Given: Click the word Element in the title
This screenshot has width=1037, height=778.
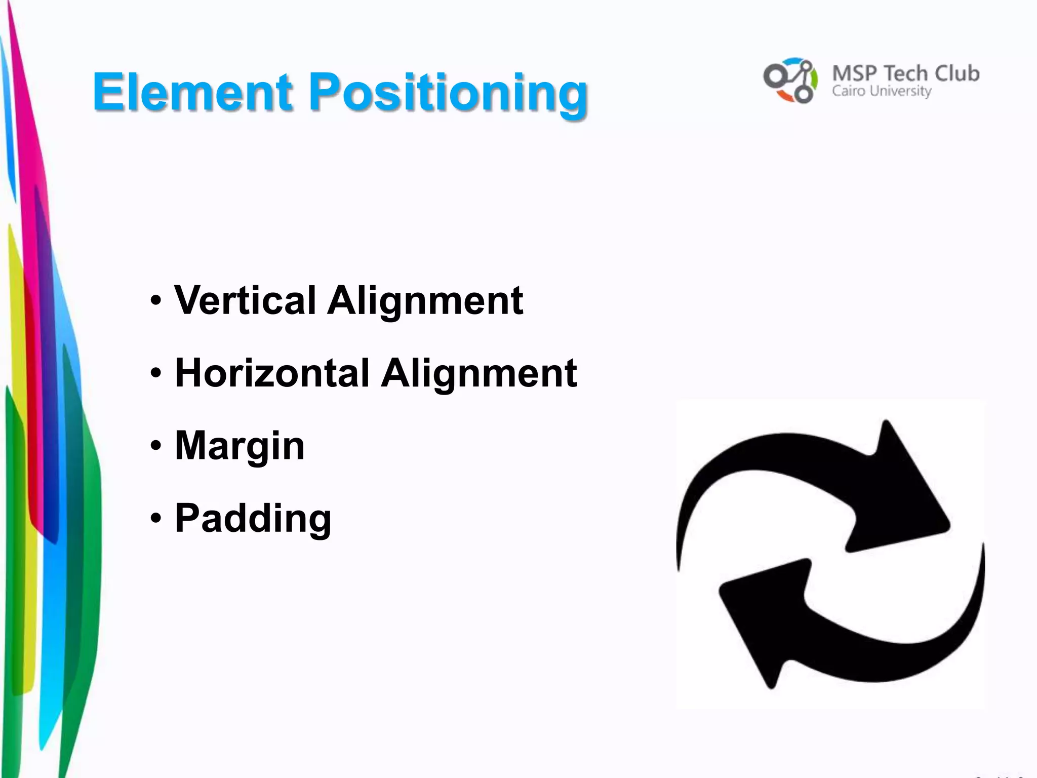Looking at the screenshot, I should click(192, 92).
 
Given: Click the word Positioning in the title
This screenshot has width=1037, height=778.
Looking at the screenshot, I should click(449, 94).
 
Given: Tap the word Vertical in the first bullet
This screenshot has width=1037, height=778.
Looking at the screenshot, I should click(245, 300).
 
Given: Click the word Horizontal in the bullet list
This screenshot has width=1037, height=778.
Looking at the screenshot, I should click(272, 373).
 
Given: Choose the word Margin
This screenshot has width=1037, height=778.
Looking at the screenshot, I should click(240, 447).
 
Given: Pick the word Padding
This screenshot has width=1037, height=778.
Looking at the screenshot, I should click(253, 519).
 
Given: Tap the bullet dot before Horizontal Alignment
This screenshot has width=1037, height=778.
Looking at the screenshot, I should click(156, 373).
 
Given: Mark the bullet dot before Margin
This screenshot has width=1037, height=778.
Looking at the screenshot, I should click(156, 446).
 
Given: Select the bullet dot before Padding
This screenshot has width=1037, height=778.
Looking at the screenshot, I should click(156, 518).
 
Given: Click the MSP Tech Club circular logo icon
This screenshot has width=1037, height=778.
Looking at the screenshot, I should click(790, 81).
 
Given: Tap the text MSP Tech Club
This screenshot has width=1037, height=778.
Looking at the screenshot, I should click(906, 73).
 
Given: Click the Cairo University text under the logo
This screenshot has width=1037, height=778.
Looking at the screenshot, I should click(882, 91).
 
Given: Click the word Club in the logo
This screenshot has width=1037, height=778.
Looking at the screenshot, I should click(956, 73).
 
